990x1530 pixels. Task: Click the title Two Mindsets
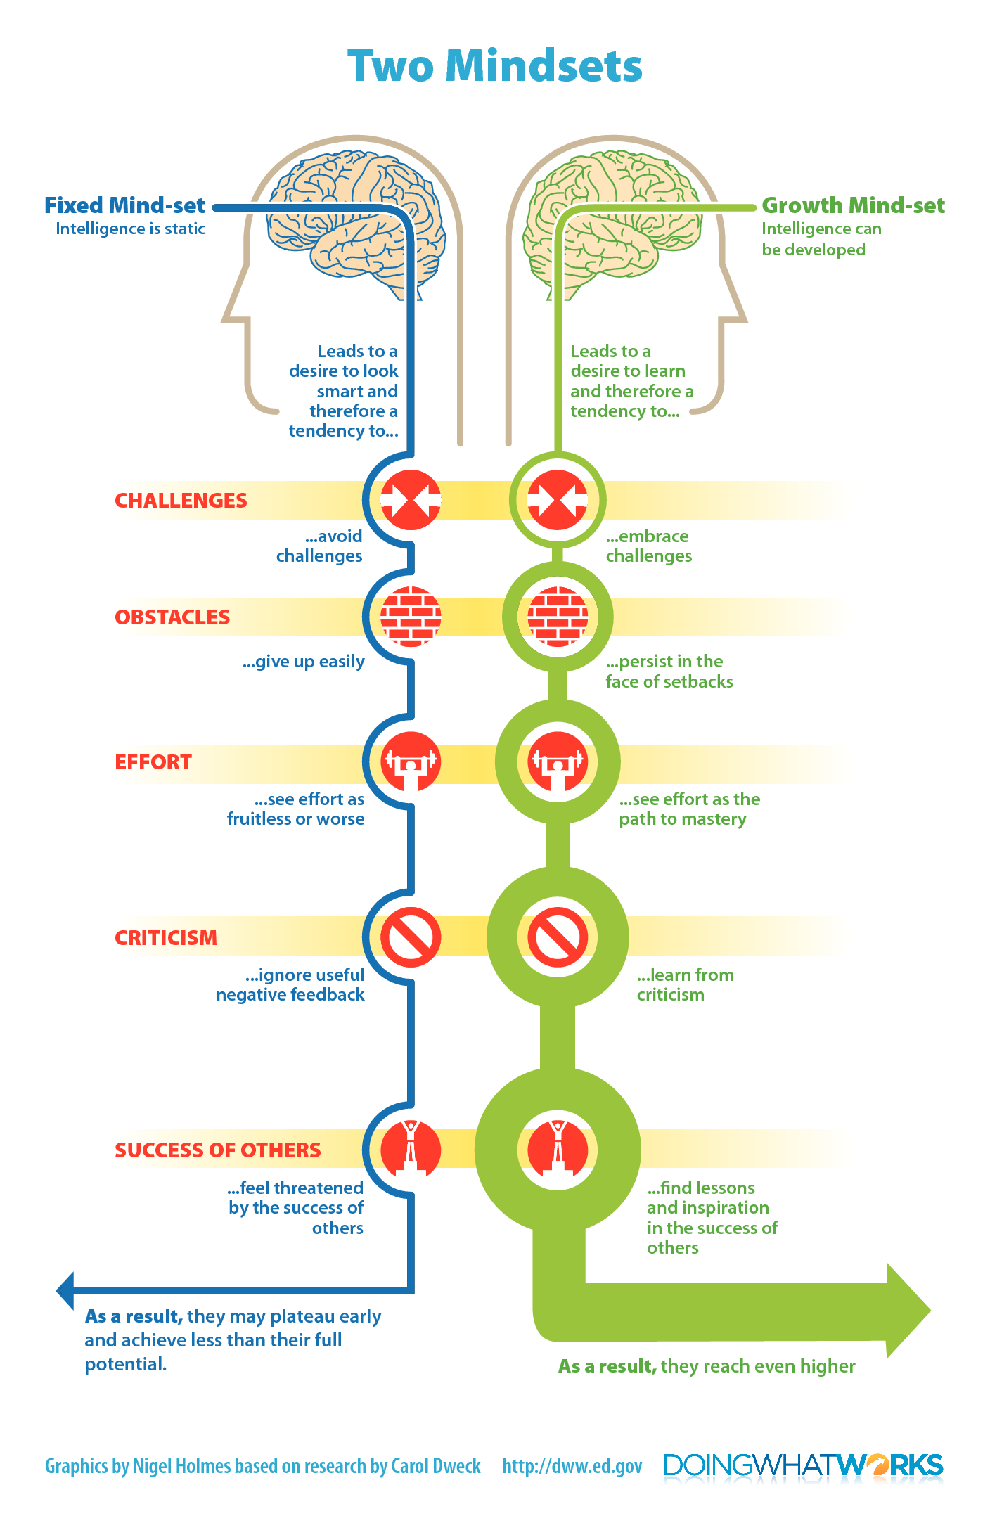pos(495,65)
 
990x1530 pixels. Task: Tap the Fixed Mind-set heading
pos(124,205)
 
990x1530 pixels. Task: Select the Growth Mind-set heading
pos(853,205)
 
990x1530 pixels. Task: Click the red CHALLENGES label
pos(181,501)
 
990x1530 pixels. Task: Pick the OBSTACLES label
pos(172,617)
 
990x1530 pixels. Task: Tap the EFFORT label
pos(153,762)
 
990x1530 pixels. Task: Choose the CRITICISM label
pos(166,938)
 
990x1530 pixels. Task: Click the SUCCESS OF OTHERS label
pos(218,1150)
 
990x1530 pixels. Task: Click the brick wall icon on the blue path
pos(411,617)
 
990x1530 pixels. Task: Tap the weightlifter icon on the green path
pos(558,761)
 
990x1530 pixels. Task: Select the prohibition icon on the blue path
pos(411,937)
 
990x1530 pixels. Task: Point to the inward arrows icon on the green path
pos(558,500)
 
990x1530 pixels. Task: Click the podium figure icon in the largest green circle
pos(558,1150)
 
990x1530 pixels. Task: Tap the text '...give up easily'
pos(304,662)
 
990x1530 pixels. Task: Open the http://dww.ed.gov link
pos(572,1466)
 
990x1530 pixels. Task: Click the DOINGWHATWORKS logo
pos(803,1465)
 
